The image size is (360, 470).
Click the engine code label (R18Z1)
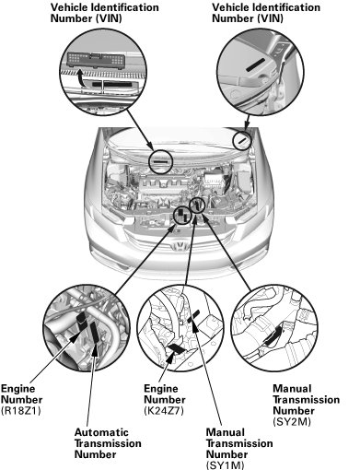click(x=21, y=411)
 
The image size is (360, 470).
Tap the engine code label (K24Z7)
click(x=164, y=411)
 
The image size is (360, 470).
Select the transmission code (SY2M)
click(x=292, y=422)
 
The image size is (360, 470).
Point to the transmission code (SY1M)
click(x=226, y=465)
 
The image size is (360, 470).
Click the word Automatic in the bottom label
click(x=101, y=432)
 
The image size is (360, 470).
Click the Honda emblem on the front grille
click(x=180, y=246)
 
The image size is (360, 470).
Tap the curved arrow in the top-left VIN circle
click(x=81, y=78)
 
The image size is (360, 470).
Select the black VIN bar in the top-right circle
click(x=255, y=65)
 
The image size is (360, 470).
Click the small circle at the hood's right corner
click(x=242, y=140)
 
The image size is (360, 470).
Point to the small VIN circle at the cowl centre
click(x=161, y=161)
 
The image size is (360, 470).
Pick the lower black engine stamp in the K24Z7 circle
click(x=176, y=348)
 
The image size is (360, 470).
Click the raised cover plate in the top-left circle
click(x=97, y=60)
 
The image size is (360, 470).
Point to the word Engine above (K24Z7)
click(x=161, y=389)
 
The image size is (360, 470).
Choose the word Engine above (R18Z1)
click(x=17, y=389)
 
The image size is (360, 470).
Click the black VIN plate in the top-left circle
click(x=112, y=84)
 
